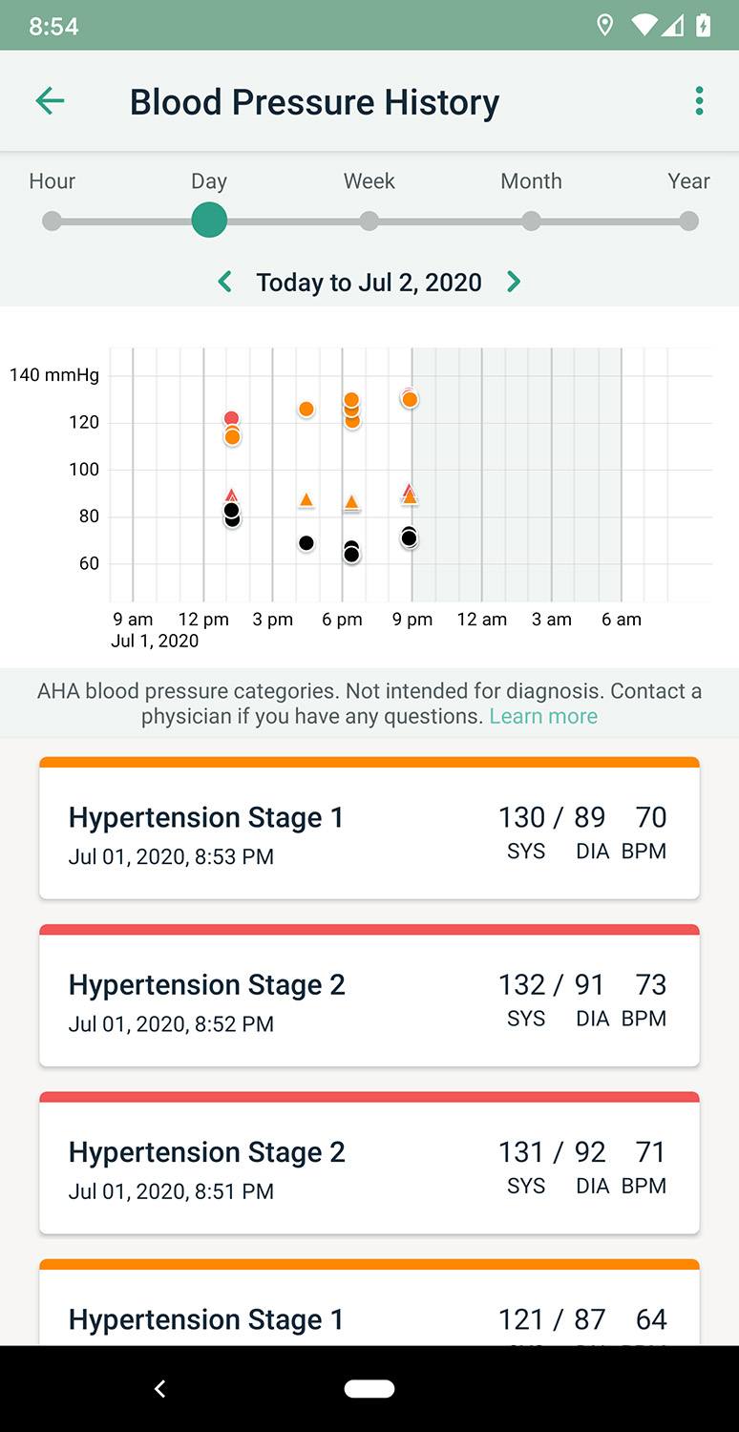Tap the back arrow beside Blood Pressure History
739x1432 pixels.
(50, 101)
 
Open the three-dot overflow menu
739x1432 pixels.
(700, 101)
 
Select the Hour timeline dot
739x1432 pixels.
(53, 221)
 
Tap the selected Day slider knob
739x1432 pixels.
(209, 221)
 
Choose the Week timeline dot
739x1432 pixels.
(369, 221)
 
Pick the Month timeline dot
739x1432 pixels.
(532, 221)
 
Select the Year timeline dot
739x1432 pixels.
(688, 221)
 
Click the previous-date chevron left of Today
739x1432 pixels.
(225, 282)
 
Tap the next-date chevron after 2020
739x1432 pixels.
(514, 282)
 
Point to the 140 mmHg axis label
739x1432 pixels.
(54, 375)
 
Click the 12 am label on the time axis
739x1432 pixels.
(482, 620)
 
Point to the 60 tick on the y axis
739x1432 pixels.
(89, 563)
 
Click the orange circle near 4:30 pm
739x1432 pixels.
(306, 410)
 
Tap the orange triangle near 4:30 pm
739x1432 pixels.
(306, 500)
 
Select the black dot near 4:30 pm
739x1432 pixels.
(306, 543)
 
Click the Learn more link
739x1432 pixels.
(543, 716)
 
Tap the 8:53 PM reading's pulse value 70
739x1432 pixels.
(651, 817)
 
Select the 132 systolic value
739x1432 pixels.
(521, 984)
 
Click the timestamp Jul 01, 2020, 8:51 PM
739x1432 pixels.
(171, 1191)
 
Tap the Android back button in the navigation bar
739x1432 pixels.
(160, 1389)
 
